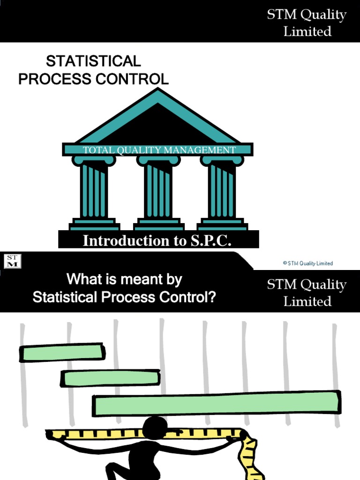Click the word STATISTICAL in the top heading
(x=93, y=61)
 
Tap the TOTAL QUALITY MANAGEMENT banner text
(x=159, y=150)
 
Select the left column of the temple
(x=94, y=190)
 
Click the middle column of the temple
(x=158, y=190)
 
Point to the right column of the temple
(x=222, y=190)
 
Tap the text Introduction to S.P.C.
(x=157, y=240)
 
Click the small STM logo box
(x=12, y=261)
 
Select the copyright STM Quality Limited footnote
(x=307, y=263)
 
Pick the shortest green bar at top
(x=62, y=353)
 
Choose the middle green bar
(x=111, y=378)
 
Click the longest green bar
(x=217, y=404)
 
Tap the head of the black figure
(x=155, y=427)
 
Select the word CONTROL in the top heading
(x=132, y=79)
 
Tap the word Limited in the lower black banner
(x=307, y=301)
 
